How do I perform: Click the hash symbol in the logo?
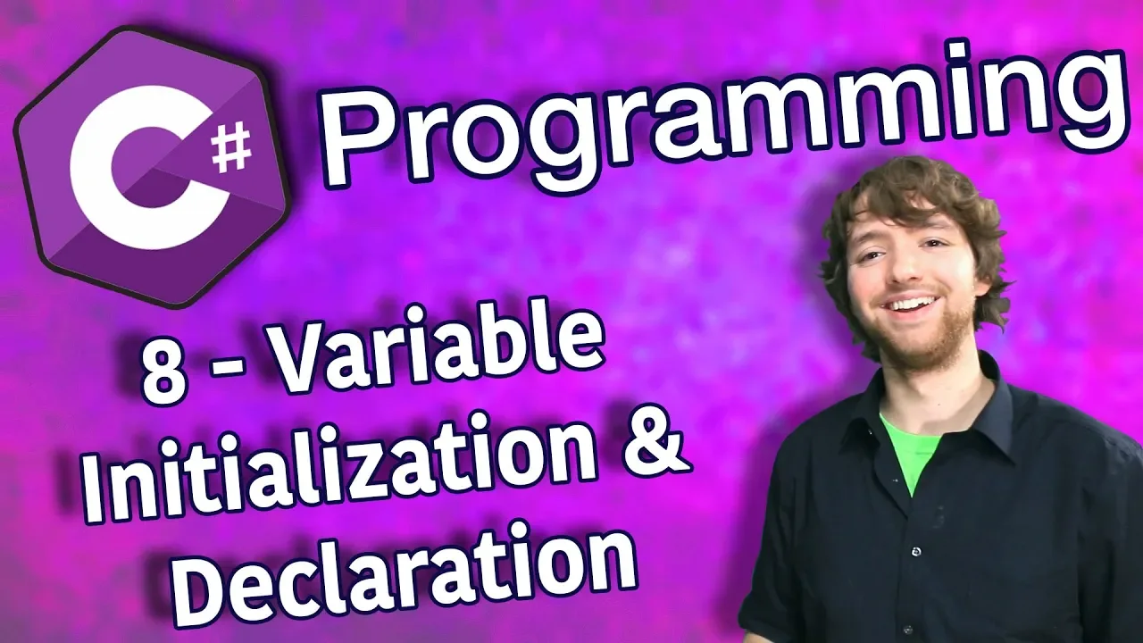pos(231,147)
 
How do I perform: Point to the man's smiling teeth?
pos(913,305)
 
